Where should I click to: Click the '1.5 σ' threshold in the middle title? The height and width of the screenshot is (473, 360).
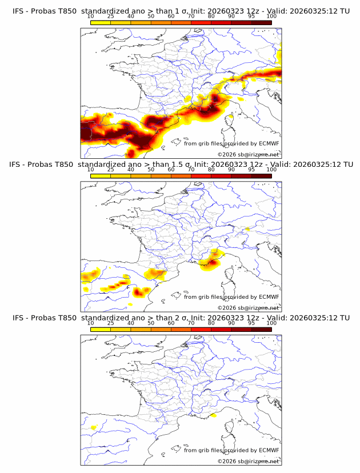point(179,164)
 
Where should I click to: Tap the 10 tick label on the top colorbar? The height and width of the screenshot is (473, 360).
point(91,16)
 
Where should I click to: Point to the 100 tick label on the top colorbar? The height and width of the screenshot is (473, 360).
point(271,16)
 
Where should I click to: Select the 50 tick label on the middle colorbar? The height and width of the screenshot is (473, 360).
point(151,170)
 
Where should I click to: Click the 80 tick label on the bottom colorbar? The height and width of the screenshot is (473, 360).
point(211,323)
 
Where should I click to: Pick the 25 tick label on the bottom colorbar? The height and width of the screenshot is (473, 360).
point(111,323)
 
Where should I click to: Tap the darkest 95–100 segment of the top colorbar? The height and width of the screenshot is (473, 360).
point(261,22)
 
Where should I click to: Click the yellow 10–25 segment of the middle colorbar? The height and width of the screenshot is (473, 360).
point(101,176)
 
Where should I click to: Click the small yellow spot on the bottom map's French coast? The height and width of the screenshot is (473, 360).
point(213,415)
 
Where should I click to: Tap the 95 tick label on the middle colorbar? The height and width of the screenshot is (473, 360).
point(251,170)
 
